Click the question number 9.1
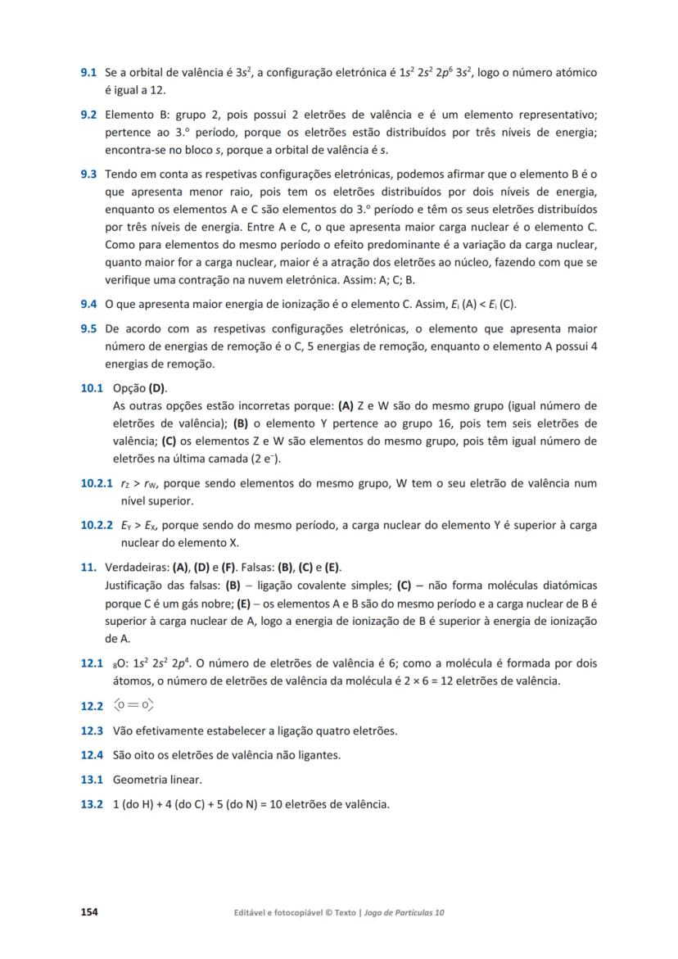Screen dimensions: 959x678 tap(88, 73)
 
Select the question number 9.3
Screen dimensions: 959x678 tap(88, 174)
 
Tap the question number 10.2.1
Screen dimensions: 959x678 tap(97, 483)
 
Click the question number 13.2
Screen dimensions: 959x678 tap(92, 804)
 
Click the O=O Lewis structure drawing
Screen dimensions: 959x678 tap(133, 705)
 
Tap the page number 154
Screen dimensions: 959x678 tap(88, 912)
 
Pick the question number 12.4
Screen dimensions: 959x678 tap(92, 755)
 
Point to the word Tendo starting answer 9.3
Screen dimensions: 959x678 tap(120, 174)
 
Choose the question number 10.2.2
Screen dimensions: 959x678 tap(97, 525)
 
